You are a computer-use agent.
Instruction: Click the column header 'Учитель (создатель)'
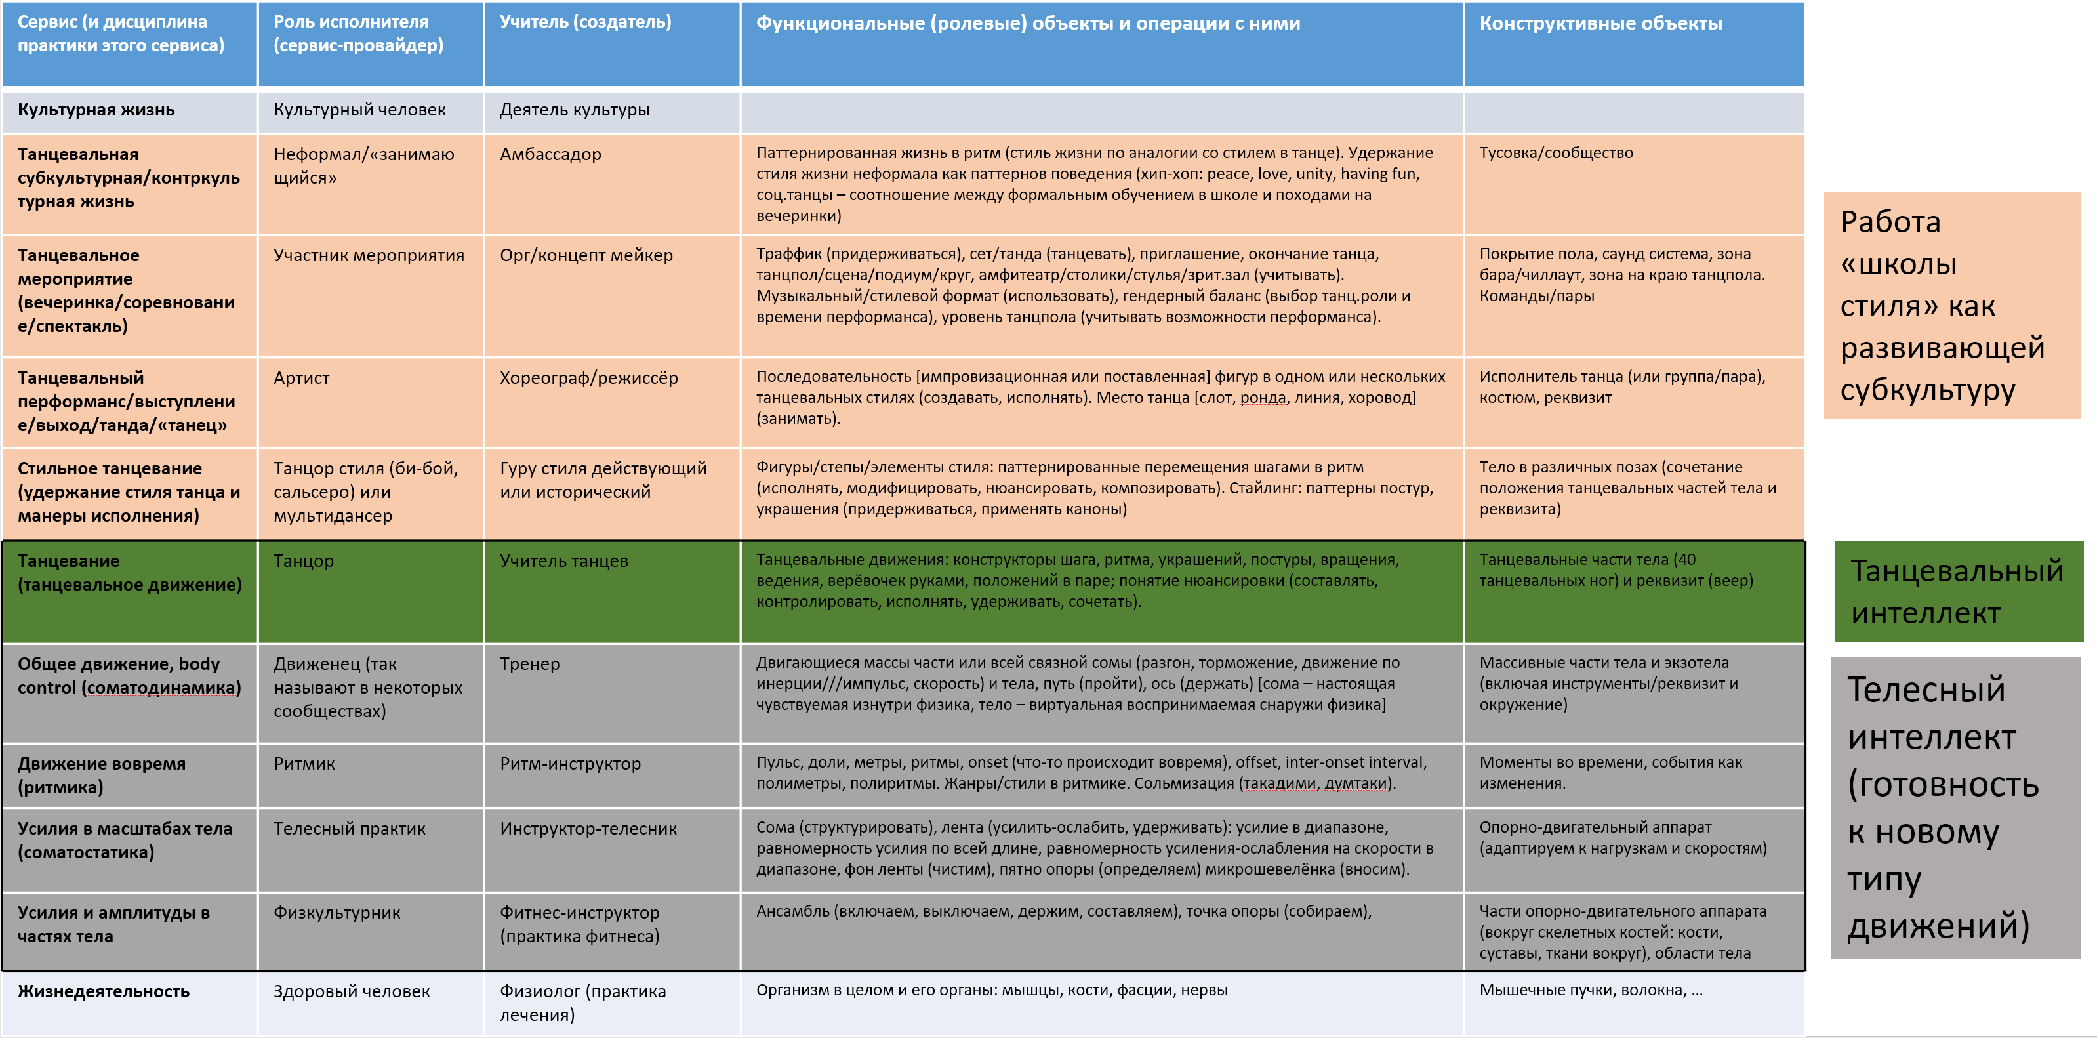(x=585, y=22)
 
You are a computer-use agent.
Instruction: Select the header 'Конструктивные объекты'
(x=1600, y=24)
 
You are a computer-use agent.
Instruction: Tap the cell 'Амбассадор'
(x=550, y=155)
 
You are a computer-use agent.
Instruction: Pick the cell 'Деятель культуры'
(x=574, y=110)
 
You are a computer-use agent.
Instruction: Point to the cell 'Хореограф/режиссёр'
(x=588, y=378)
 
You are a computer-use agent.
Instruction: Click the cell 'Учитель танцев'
(x=563, y=561)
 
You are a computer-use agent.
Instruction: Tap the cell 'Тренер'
(x=529, y=664)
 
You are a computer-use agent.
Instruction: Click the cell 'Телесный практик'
(x=349, y=829)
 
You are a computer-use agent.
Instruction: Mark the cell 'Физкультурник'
(x=336, y=913)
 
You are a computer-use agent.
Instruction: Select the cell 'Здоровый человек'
(x=351, y=991)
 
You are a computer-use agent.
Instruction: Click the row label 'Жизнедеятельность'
(x=104, y=991)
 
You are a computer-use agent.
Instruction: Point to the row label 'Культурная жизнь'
(x=96, y=110)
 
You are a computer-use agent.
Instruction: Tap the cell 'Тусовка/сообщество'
(x=1556, y=153)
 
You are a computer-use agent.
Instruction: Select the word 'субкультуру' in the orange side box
(x=1927, y=390)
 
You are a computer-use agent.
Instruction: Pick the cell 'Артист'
(x=301, y=378)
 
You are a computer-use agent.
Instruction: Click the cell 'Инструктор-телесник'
(x=588, y=829)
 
